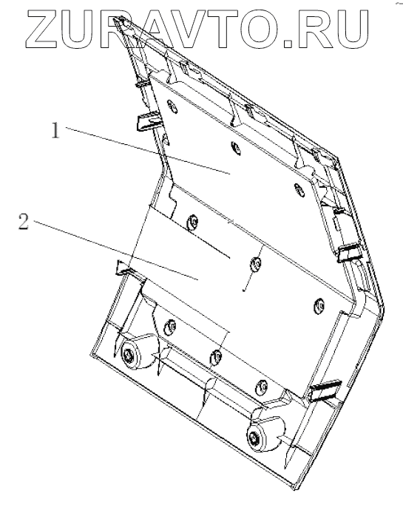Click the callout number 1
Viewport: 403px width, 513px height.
(x=56, y=130)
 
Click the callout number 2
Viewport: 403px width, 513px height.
(x=23, y=222)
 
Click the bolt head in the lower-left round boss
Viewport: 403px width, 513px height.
(x=129, y=355)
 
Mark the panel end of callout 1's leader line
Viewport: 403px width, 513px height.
(x=230, y=174)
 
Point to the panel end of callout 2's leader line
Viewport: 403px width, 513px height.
(x=199, y=280)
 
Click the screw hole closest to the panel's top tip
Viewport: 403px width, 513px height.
(x=172, y=107)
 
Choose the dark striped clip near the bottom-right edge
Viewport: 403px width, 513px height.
(x=325, y=390)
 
